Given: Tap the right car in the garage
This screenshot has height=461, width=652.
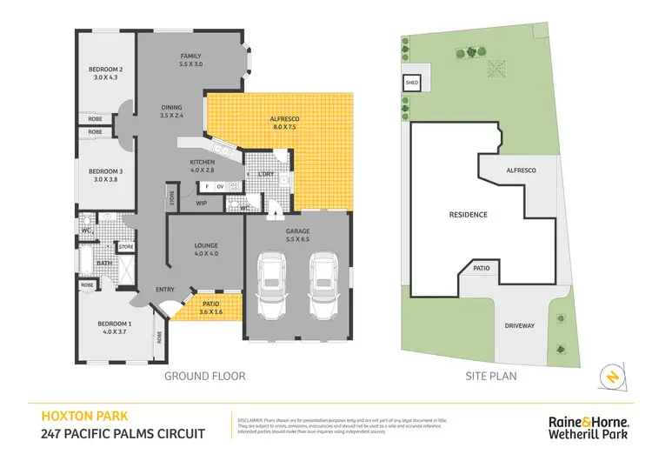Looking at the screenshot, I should (323, 288).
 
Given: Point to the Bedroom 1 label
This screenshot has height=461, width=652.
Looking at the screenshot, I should (116, 327).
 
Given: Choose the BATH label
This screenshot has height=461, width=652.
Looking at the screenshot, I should (104, 263).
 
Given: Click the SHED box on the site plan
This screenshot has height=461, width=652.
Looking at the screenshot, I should (411, 84).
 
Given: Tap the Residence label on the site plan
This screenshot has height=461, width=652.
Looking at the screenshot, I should (468, 214).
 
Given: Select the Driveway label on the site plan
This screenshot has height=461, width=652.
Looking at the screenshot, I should (520, 325).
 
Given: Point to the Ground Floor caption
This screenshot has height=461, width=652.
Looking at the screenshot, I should (205, 377).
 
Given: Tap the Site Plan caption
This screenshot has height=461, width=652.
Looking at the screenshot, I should (492, 377).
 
